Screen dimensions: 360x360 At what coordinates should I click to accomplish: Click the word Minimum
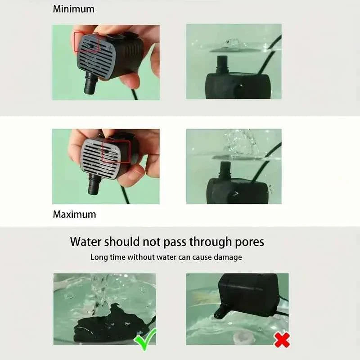click(x=74, y=9)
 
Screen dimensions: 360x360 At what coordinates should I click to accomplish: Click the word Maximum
click(x=74, y=214)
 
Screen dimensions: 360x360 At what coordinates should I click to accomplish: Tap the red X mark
click(x=282, y=339)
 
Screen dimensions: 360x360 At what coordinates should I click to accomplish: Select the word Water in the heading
click(x=86, y=242)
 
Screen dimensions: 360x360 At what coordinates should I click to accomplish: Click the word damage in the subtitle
click(x=228, y=257)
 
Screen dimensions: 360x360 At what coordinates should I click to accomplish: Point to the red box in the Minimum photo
click(x=86, y=42)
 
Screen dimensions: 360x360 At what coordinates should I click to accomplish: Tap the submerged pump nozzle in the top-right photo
click(x=221, y=63)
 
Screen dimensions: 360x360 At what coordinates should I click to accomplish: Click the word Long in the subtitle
click(x=99, y=257)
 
